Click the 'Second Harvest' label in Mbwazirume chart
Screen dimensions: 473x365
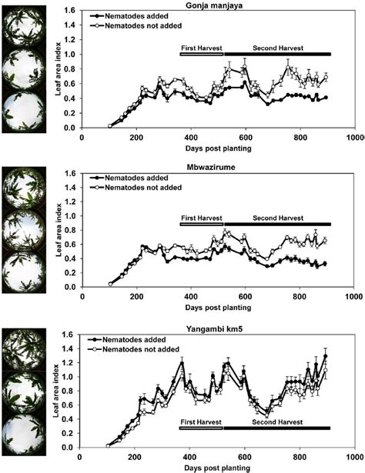[x=276, y=218]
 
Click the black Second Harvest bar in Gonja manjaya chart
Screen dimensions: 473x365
[x=276, y=54]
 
